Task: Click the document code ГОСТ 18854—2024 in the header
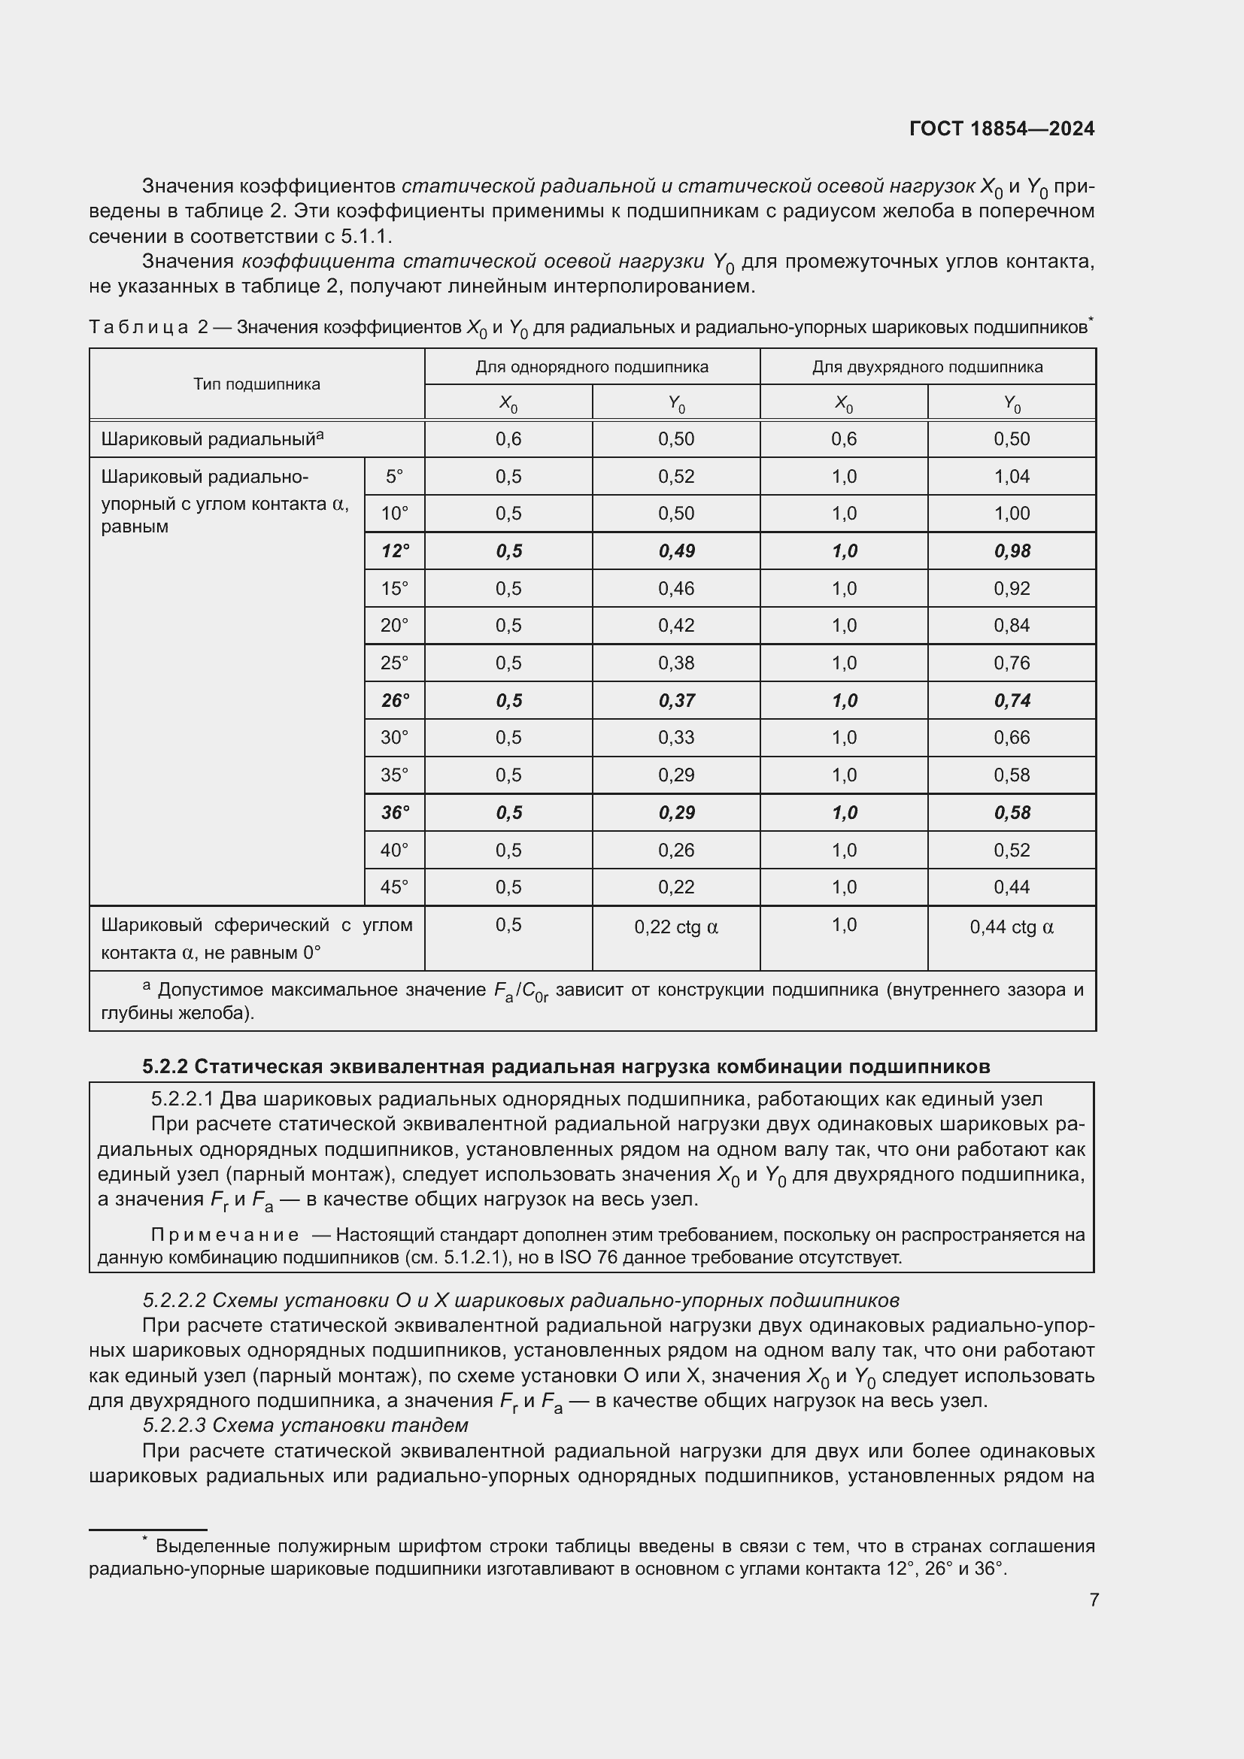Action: pos(1001,129)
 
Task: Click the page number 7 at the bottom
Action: pos(1094,1600)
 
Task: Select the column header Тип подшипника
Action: pos(256,384)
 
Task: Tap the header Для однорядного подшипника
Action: pos(591,367)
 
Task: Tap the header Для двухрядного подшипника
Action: pos(927,367)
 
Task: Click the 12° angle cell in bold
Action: pos(396,550)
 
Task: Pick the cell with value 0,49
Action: pos(675,550)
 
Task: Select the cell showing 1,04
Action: pos(1011,477)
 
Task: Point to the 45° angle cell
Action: pos(395,887)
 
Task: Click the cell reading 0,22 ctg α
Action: pos(675,927)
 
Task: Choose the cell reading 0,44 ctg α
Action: pos(1011,927)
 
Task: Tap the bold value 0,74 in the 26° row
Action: pos(1011,700)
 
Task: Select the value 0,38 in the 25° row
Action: pos(675,663)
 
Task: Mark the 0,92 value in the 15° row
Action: pos(1011,588)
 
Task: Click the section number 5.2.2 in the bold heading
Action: pos(165,1066)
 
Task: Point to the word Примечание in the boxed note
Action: pos(225,1235)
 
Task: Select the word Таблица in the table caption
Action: pos(138,327)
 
